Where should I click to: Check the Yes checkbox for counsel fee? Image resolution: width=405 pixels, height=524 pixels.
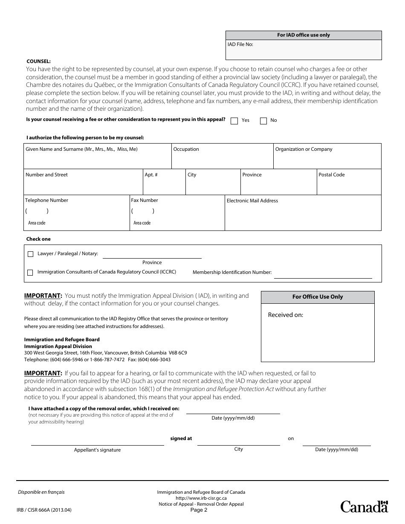[234, 121]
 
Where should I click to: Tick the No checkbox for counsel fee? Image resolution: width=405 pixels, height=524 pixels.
[263, 121]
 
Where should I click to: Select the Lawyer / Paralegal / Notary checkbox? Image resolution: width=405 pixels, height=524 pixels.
[30, 254]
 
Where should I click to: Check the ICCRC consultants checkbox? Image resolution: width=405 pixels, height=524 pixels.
[30, 273]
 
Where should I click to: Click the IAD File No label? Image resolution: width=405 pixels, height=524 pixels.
[240, 44]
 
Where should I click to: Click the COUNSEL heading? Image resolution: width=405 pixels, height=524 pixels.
[38, 61]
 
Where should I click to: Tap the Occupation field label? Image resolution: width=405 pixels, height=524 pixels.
[186, 149]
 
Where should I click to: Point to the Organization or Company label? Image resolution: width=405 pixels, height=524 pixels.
[304, 149]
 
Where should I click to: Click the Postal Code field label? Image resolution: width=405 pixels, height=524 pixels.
[331, 175]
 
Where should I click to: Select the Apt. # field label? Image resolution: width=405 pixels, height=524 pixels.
[151, 175]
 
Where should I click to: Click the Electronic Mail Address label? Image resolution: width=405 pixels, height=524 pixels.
[252, 201]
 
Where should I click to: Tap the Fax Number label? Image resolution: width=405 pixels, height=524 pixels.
[145, 200]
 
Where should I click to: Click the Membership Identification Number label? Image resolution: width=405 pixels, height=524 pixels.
[232, 272]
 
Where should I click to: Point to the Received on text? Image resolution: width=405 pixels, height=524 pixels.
[285, 315]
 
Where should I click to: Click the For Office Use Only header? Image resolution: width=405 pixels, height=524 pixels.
[317, 297]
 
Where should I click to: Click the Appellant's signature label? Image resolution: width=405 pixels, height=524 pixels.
[97, 450]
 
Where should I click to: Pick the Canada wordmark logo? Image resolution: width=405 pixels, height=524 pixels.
[364, 507]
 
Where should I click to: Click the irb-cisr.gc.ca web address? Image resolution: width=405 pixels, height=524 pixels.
[201, 498]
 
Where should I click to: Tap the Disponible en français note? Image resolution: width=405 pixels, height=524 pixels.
[41, 492]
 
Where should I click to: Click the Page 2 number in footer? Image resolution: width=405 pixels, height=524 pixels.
[199, 510]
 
